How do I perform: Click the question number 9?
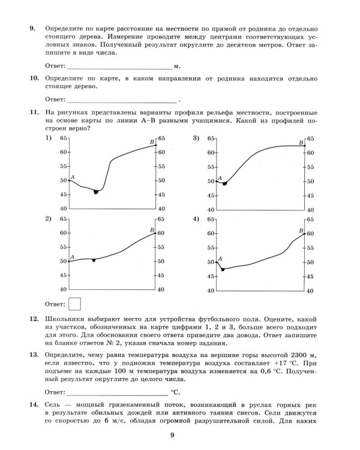tap(32, 28)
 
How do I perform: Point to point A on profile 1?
tap(70, 180)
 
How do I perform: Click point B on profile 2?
tap(156, 233)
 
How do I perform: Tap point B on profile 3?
tap(305, 145)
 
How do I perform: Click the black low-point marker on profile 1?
tap(96, 191)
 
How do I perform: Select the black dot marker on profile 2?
tap(94, 260)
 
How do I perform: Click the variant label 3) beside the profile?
tap(196, 139)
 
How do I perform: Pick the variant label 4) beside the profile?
tap(196, 219)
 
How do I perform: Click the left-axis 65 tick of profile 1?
tap(63, 138)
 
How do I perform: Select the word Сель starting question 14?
tap(54, 406)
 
